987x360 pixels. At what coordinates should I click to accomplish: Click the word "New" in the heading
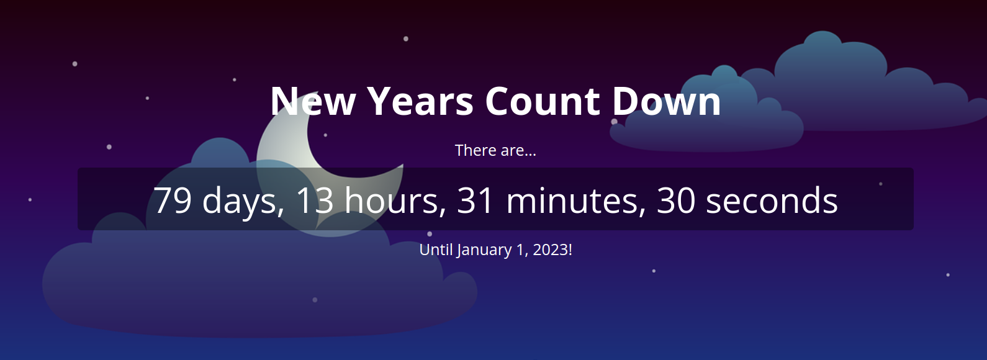tap(312, 101)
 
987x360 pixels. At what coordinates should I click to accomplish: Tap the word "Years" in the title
tap(420, 101)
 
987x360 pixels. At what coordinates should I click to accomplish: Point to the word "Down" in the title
tap(666, 101)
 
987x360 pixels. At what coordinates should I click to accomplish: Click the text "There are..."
tap(495, 151)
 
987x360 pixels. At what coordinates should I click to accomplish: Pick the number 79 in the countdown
tap(173, 200)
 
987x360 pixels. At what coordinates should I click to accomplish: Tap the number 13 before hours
tap(314, 200)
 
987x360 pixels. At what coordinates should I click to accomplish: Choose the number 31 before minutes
tap(475, 200)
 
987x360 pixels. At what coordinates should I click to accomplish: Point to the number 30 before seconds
tap(676, 200)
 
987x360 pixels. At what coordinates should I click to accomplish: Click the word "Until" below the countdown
tap(436, 250)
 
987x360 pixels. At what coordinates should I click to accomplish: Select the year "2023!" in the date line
tap(552, 250)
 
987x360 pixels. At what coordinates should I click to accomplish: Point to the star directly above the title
tap(406, 38)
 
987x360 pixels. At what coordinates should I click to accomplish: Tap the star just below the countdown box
tap(430, 234)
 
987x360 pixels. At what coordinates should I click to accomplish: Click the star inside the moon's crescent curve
tap(325, 135)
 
